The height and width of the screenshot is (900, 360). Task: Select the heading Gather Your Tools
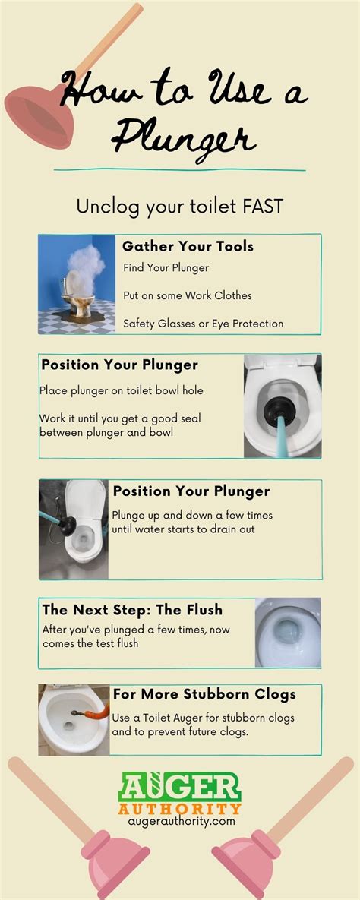click(x=188, y=246)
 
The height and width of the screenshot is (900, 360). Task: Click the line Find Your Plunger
click(x=166, y=268)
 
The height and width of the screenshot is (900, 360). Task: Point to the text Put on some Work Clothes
click(x=187, y=295)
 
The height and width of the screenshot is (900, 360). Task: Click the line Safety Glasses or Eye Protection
click(x=203, y=323)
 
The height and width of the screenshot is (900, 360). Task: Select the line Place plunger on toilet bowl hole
click(x=121, y=390)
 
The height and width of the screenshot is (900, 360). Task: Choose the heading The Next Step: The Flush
click(x=132, y=609)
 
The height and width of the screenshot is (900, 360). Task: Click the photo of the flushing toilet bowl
click(x=287, y=632)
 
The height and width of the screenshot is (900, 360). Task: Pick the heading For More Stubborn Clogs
click(x=204, y=694)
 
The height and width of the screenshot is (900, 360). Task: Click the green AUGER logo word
click(x=179, y=787)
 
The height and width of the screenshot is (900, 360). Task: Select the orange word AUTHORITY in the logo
click(x=179, y=807)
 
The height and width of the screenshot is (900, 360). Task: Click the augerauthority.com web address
click(x=179, y=821)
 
